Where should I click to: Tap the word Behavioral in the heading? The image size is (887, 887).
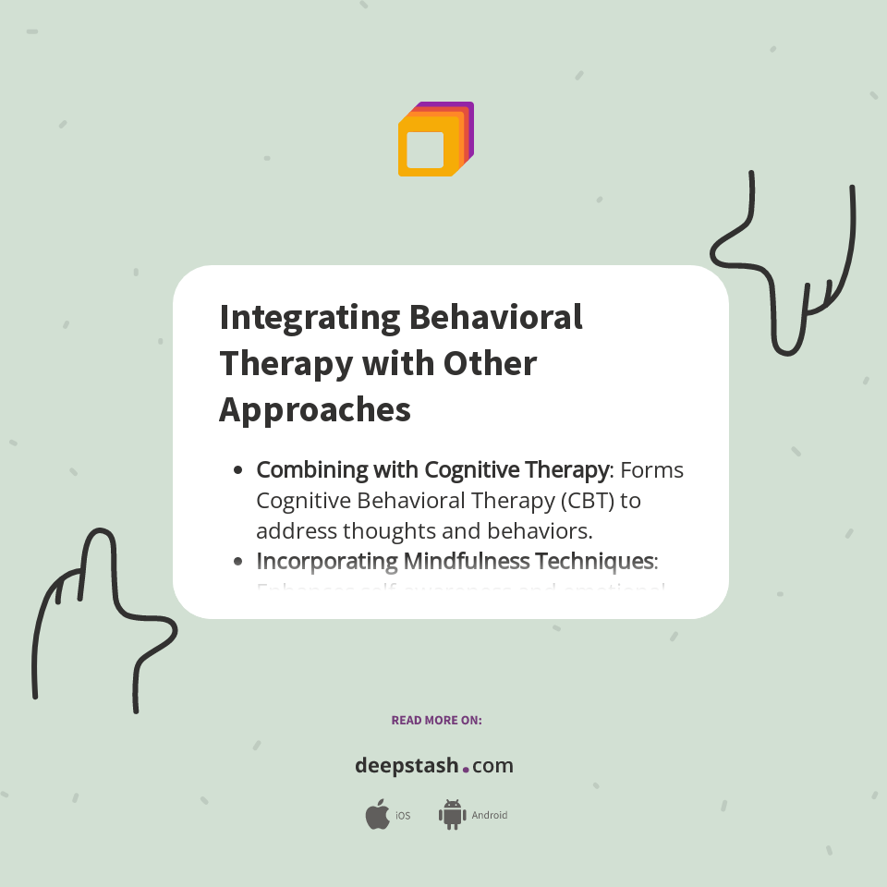[x=495, y=317]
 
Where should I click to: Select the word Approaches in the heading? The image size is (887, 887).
[x=314, y=409]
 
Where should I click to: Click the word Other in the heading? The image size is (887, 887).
[x=490, y=363]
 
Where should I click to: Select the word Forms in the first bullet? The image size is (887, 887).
[x=651, y=470]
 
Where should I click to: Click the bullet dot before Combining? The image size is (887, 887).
[x=238, y=470]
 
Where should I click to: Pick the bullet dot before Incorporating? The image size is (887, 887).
[x=238, y=561]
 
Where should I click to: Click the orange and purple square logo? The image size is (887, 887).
[x=435, y=140]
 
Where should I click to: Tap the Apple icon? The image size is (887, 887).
[x=377, y=815]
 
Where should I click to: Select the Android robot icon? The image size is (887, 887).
[x=452, y=814]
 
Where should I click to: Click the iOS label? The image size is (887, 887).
[x=403, y=816]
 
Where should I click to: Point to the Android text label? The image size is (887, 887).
[x=490, y=816]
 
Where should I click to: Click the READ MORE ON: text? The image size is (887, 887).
[x=436, y=720]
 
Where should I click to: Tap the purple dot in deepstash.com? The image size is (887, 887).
[x=466, y=769]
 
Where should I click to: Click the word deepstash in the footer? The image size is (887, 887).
[x=407, y=766]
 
